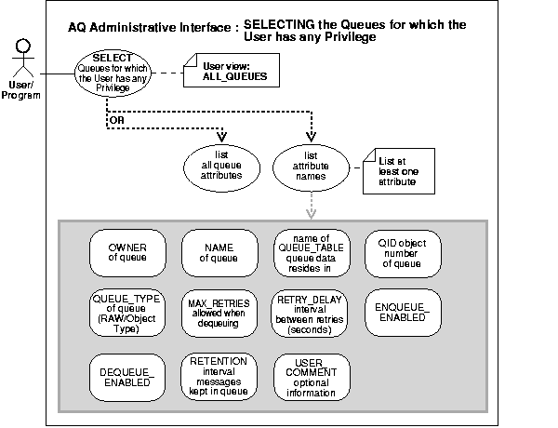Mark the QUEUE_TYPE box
[127, 313]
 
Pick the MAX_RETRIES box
[219, 313]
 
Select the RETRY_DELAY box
[312, 313]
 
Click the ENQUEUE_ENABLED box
[403, 313]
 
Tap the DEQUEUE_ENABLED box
[127, 375]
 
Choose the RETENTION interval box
[219, 375]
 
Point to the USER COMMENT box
[312, 375]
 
